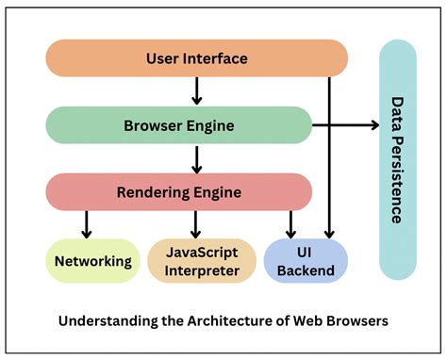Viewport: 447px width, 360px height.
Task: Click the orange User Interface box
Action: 196,58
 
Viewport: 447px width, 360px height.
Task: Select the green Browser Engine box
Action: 179,124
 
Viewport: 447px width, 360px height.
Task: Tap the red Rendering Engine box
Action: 179,192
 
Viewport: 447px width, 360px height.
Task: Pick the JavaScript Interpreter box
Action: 202,261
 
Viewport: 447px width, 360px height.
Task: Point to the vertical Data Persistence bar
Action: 396,159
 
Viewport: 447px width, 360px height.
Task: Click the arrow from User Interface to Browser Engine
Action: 196,91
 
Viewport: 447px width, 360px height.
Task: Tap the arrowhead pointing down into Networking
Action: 87,232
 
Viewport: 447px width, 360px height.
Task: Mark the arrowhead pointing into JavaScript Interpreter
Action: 196,232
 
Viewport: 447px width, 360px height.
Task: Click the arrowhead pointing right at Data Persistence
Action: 371,124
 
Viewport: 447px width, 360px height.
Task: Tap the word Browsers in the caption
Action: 356,320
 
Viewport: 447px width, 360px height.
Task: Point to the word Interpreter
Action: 202,270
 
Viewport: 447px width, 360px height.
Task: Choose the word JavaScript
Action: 202,253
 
